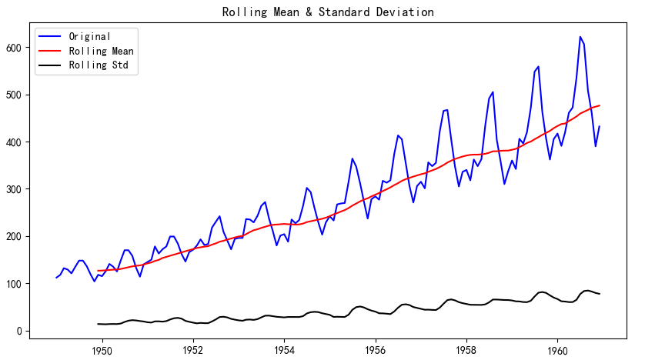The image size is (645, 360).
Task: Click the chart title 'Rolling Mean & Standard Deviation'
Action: [x=328, y=12]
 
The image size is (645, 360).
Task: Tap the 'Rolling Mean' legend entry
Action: [x=101, y=51]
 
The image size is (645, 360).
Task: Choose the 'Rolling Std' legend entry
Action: [x=98, y=65]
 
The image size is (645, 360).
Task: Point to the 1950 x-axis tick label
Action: [x=102, y=348]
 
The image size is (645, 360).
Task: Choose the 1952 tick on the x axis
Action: [x=193, y=348]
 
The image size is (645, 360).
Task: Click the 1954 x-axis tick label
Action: [x=284, y=348]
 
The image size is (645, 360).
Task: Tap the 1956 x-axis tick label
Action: [x=375, y=348]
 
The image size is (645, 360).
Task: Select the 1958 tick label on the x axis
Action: [x=466, y=348]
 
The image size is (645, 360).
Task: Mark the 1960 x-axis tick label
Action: [x=557, y=348]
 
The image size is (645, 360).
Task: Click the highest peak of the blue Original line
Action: [x=580, y=37]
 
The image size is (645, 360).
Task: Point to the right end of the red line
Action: [x=600, y=105]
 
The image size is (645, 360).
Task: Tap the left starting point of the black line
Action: [x=98, y=324]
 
